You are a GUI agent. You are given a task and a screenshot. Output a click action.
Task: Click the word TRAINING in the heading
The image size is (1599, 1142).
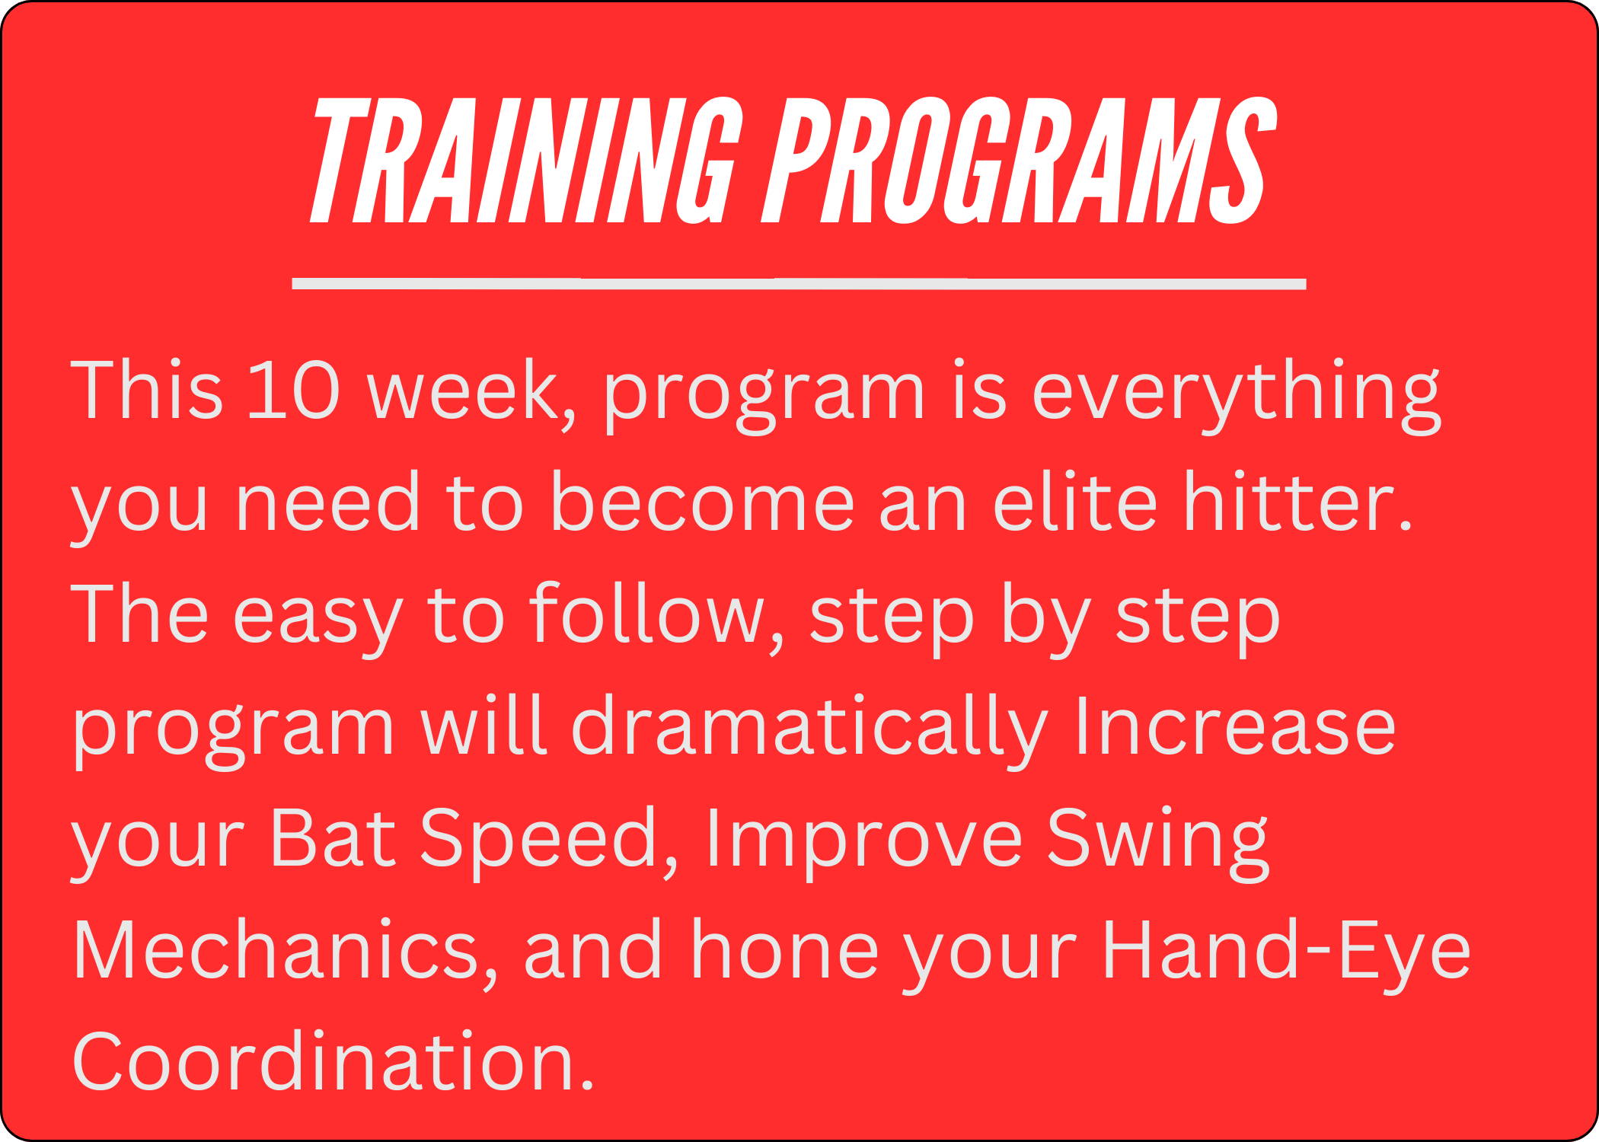tap(525, 161)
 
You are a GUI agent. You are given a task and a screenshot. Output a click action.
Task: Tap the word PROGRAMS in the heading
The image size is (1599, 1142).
tap(1020, 161)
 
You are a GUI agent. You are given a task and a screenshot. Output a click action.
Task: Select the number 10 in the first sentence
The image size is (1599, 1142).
tap(293, 390)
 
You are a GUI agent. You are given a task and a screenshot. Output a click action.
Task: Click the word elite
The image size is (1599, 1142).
tap(1074, 501)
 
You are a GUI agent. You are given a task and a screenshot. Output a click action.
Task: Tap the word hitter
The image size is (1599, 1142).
tap(1297, 501)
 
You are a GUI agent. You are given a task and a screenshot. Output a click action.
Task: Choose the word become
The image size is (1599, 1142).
tap(701, 501)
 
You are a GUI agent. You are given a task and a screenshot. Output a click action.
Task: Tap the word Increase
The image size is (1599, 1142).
tap(1235, 726)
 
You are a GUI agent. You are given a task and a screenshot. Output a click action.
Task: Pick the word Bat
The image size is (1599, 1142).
tap(333, 837)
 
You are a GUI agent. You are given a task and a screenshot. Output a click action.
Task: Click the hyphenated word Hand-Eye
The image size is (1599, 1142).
tap(1286, 955)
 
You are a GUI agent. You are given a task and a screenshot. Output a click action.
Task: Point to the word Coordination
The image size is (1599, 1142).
tap(333, 1061)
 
